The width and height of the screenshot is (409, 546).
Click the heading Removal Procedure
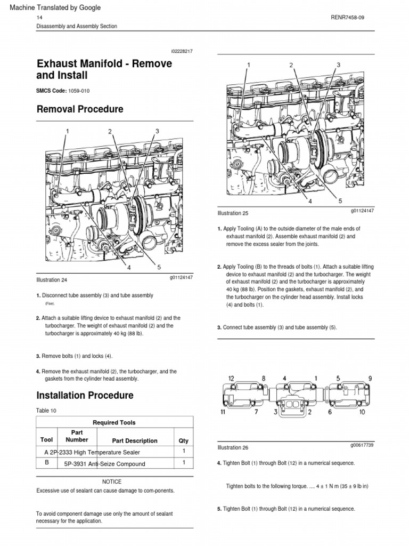point(79,109)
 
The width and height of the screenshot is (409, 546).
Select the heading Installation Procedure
point(85,396)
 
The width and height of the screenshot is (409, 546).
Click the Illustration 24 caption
point(52,279)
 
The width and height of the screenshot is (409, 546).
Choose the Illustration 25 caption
point(233,213)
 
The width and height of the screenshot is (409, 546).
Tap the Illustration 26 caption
point(233,447)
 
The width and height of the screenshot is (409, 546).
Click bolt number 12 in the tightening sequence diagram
point(231,378)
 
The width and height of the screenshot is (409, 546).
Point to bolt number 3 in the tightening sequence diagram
point(275,412)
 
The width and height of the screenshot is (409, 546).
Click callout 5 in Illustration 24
point(159,267)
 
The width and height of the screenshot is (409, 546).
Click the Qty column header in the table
point(184,441)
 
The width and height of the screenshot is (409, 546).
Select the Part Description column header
point(135,441)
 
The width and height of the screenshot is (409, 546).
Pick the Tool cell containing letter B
point(47,463)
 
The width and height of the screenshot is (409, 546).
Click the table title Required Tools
point(114,422)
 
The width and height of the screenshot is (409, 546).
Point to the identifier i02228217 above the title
point(182,51)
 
